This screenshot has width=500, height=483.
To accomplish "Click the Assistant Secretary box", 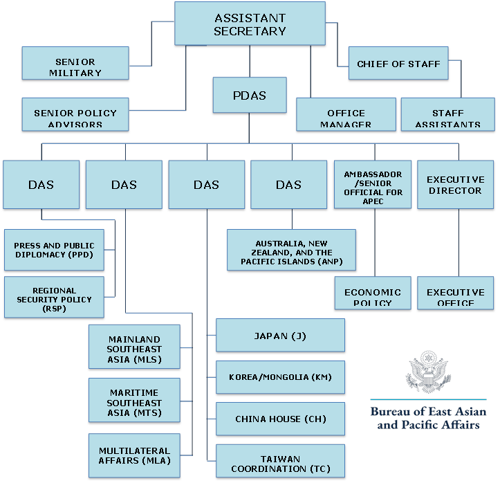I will coord(250,24).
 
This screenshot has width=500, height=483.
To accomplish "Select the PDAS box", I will coord(249,95).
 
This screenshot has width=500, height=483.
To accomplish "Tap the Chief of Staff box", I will coord(398,64).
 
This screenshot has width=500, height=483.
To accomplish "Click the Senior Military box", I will coord(75,66).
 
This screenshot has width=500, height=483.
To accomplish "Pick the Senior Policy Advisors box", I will coord(75,116).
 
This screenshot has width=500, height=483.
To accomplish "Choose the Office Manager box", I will coord(346,116).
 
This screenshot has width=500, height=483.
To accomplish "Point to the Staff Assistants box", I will coord(447,116).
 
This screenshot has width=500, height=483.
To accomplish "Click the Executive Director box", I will coord(455,184).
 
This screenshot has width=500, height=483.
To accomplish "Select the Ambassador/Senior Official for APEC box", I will coord(373,184).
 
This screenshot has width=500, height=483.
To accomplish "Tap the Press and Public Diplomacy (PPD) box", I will coord(55,250).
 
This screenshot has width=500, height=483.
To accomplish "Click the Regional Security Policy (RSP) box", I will coord(55,298).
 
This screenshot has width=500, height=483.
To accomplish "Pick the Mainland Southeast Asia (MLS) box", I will coord(135,349).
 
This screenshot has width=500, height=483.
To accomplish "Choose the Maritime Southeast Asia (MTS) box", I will coord(135,403).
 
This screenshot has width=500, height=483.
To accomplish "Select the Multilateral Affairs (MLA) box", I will coord(135,455).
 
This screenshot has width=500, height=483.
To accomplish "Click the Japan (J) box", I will coord(280,336).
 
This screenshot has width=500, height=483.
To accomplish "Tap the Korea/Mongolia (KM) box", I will coord(280,377).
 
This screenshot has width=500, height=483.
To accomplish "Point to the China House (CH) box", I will coord(280,419).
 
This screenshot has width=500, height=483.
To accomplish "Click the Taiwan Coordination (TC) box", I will coord(280,462).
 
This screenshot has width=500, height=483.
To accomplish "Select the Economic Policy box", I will coord(373,295).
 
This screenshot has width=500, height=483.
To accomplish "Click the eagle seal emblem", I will coord(427,374).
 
